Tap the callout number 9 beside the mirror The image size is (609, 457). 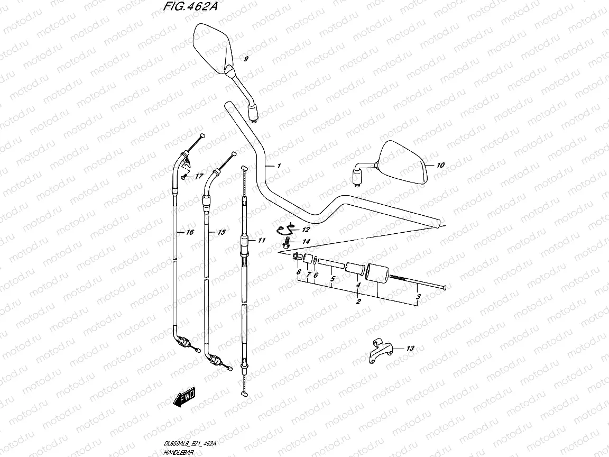(246, 59)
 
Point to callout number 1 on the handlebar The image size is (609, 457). (278, 166)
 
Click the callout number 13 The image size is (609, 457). (411, 349)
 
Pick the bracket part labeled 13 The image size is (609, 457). (380, 350)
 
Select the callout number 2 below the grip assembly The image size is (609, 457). (358, 302)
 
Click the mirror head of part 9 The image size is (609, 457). (211, 47)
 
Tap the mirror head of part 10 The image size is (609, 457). (404, 163)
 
